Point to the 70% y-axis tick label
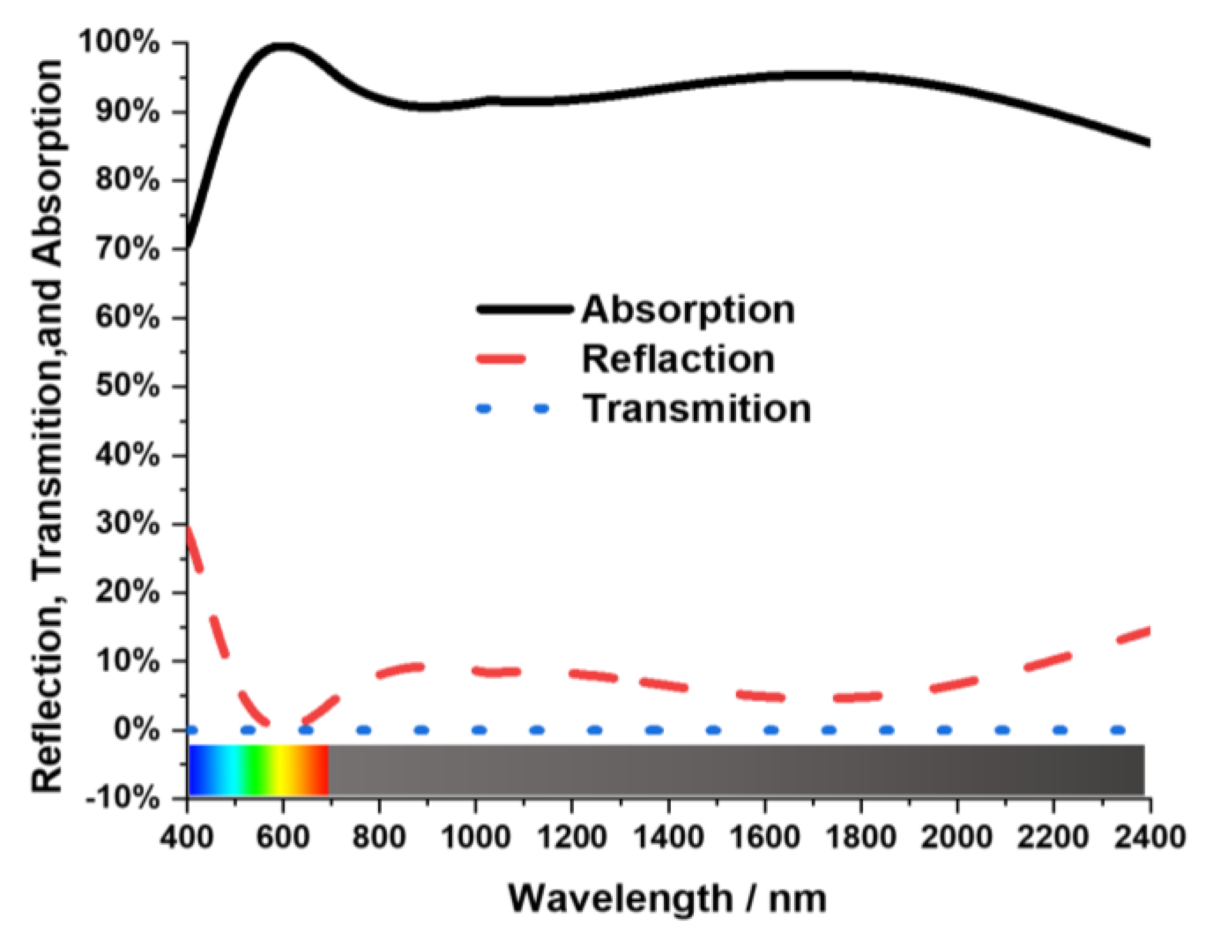tap(126, 250)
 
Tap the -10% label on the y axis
tap(122, 799)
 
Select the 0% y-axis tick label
tap(136, 730)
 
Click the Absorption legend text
tap(688, 309)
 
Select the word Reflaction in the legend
tap(678, 358)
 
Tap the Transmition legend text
tap(696, 408)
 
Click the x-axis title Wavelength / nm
tap(667, 898)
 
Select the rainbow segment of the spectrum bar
tap(258, 770)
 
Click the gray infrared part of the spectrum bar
tap(734, 770)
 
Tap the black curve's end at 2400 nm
tap(1147, 143)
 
